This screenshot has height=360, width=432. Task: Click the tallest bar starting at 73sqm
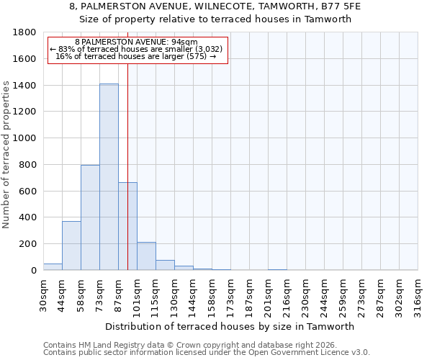point(109,177)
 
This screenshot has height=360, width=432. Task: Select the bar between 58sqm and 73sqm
point(90,217)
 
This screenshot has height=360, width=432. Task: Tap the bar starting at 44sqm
point(71,246)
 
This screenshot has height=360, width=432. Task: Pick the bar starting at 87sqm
point(127,226)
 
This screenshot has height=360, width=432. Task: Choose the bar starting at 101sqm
point(146,256)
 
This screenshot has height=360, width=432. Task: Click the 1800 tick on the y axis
point(26,32)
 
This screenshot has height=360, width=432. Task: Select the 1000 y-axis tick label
point(26,138)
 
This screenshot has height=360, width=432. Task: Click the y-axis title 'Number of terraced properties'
point(6,155)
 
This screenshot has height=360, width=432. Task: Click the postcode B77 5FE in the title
point(341,6)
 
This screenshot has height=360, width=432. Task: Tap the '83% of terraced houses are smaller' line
point(137,49)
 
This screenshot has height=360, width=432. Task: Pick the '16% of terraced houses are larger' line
point(136,56)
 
